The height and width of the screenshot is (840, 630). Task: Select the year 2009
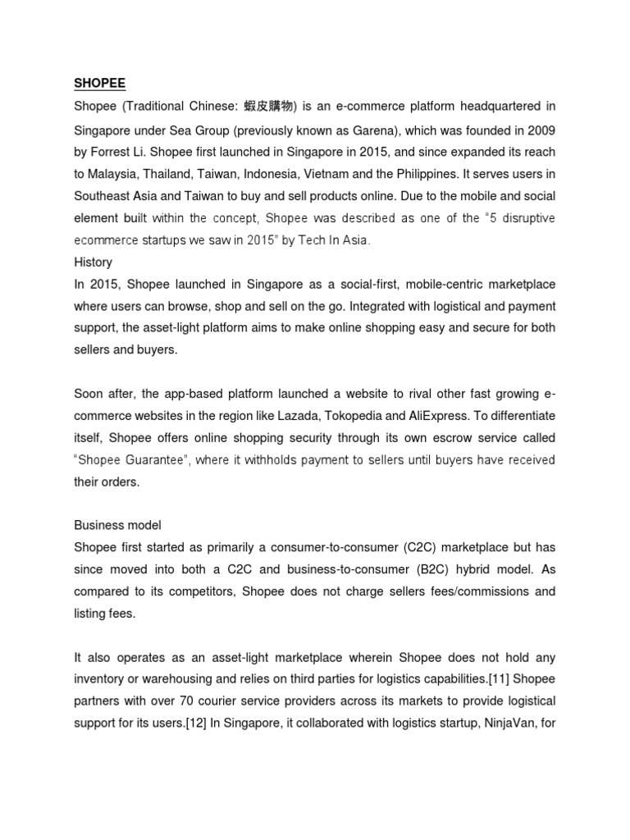tap(541, 129)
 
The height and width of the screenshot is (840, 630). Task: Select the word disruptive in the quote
tap(525, 217)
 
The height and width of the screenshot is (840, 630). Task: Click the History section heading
tap(93, 262)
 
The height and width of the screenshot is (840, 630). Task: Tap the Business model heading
tap(116, 525)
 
